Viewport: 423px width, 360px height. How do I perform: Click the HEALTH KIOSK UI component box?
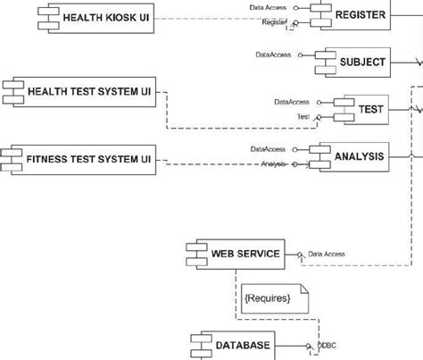coord(88,17)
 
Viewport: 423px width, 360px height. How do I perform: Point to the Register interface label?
coord(274,23)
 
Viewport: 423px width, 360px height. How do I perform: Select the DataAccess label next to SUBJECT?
coord(274,55)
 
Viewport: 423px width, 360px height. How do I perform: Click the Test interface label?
coord(303,116)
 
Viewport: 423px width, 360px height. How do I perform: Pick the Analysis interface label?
coord(275,163)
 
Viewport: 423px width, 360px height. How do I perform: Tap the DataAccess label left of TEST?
coord(293,102)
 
